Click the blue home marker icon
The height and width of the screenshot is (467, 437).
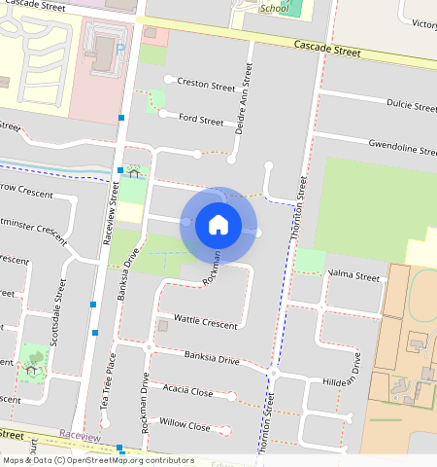(x=218, y=225)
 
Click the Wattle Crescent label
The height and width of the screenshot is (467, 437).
(x=205, y=321)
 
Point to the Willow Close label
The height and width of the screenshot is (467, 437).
(x=185, y=426)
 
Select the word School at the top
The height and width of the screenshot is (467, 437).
(x=275, y=9)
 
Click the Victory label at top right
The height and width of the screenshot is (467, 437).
(x=423, y=23)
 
